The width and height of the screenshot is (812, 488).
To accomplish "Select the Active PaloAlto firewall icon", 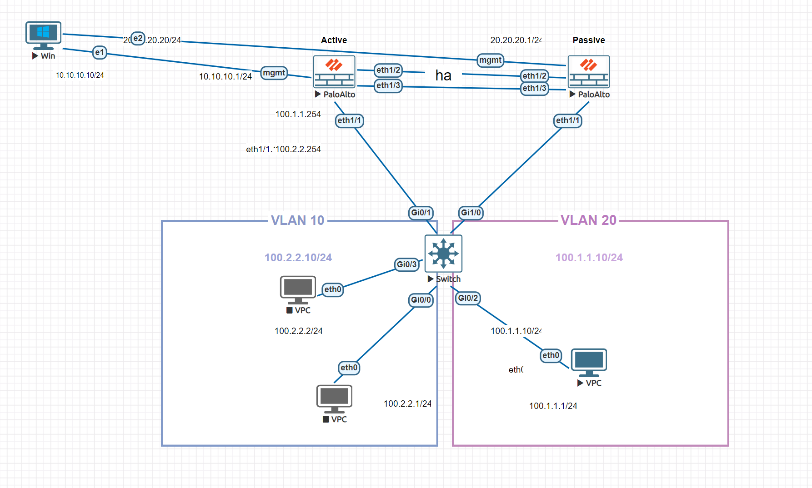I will click(x=334, y=72).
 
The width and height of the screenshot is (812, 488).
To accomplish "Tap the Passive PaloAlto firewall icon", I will click(x=589, y=72).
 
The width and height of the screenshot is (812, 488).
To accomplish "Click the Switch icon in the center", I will click(x=443, y=254).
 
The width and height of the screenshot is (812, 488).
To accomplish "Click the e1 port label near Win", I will click(x=100, y=53).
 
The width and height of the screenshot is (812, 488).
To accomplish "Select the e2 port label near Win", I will click(x=138, y=39).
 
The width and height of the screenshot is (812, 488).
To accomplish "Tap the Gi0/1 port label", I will click(x=421, y=213).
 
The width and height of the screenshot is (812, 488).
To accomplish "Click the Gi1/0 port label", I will click(x=471, y=213).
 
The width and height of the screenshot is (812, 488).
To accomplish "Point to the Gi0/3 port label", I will click(x=406, y=264).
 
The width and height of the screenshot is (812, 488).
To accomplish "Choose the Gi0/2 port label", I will click(x=468, y=298).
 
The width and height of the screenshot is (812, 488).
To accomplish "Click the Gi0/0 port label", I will click(x=421, y=300).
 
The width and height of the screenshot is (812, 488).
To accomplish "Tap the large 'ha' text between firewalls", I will click(x=443, y=75).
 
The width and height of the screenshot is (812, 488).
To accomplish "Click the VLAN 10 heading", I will click(x=297, y=220).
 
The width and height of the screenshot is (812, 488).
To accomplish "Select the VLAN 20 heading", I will click(x=588, y=220).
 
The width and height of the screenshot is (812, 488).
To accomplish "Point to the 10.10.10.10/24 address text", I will click(x=80, y=75).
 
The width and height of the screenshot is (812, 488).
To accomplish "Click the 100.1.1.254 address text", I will click(x=298, y=115).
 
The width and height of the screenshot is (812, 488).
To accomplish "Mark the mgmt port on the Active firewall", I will click(x=274, y=73).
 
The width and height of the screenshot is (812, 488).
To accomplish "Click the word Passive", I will click(x=588, y=40).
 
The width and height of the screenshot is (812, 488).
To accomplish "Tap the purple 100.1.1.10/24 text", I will click(x=589, y=258).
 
